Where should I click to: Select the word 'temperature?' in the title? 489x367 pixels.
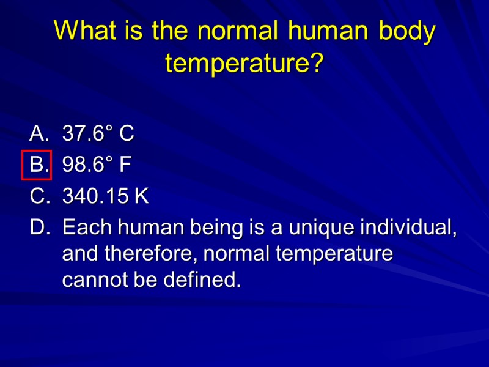pos(244,63)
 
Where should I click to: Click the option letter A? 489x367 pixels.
pos(38,133)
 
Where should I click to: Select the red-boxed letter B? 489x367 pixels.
pos(37,165)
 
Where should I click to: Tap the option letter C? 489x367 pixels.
pos(38,196)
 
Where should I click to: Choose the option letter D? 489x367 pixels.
pos(38,228)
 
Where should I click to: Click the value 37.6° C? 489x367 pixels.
pos(98,133)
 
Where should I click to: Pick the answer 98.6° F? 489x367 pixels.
pos(97,165)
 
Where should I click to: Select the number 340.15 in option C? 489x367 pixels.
pos(96,196)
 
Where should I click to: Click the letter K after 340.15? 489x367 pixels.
pos(142,196)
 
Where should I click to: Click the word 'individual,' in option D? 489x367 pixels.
pos(409,228)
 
